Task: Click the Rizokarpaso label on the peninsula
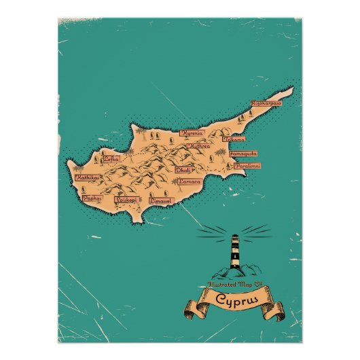[x=266, y=103]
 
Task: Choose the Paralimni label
[x=244, y=165]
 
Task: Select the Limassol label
[x=162, y=201]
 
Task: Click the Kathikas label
[x=88, y=178]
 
